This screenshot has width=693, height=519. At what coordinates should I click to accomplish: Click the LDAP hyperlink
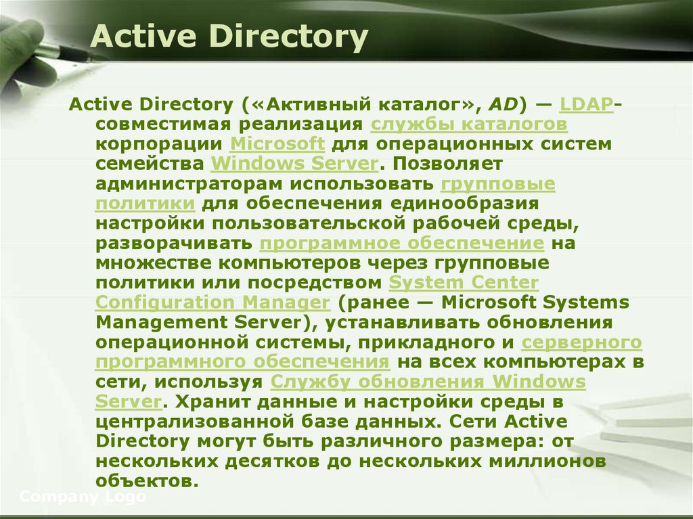(586, 105)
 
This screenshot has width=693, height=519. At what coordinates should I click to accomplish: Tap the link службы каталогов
(469, 125)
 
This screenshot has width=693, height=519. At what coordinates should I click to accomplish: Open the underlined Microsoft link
(277, 144)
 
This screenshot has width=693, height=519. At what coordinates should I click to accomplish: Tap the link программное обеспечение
(402, 243)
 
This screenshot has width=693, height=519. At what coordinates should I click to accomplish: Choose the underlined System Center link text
(464, 282)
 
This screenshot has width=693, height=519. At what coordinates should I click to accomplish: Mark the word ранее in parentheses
(380, 302)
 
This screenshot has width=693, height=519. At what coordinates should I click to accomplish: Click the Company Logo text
(83, 497)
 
